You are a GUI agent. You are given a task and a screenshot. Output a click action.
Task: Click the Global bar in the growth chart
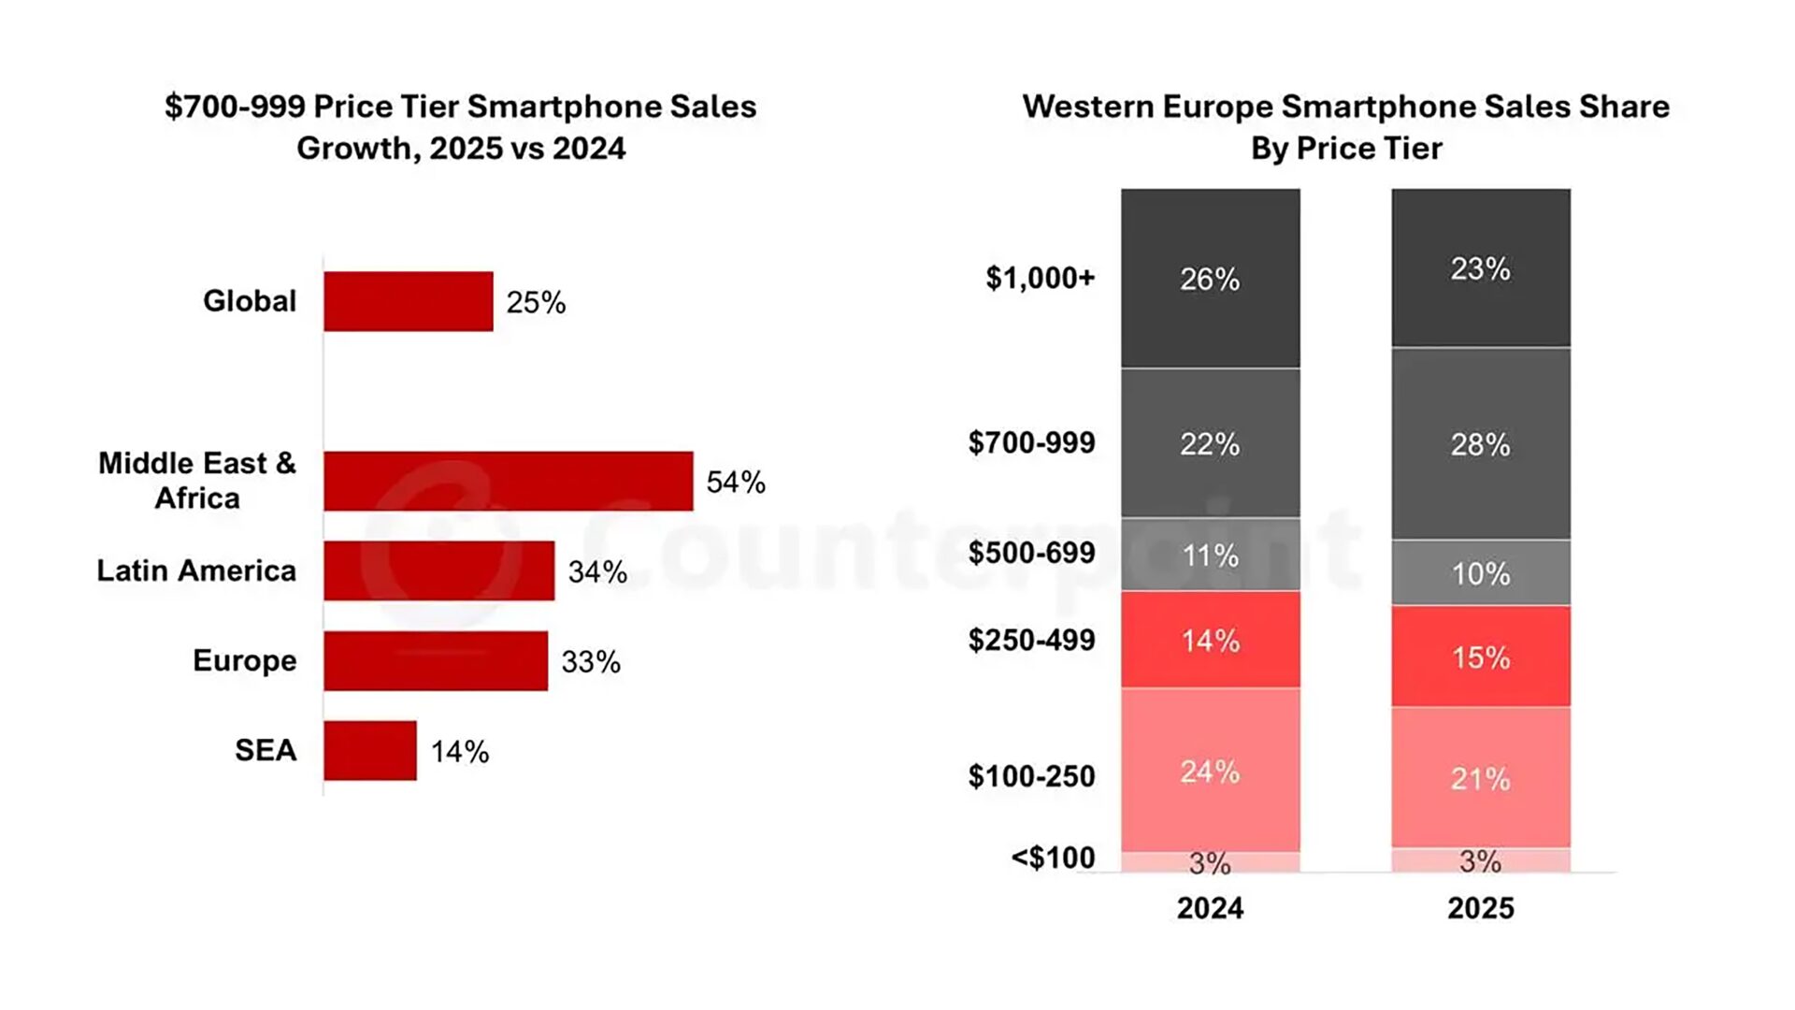pyautogui.click(x=409, y=301)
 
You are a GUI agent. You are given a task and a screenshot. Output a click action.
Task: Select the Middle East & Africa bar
pyautogui.click(x=509, y=481)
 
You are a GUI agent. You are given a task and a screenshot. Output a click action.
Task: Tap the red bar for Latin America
pyautogui.click(x=439, y=570)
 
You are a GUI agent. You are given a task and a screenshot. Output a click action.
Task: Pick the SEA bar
pyautogui.click(x=370, y=750)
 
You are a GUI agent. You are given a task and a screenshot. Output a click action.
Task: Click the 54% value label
pyautogui.click(x=736, y=483)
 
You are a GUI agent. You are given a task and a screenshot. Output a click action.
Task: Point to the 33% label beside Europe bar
pyautogui.click(x=591, y=662)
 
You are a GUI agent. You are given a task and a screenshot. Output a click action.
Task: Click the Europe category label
pyautogui.click(x=244, y=660)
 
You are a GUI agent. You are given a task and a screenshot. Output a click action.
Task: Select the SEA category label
pyautogui.click(x=266, y=750)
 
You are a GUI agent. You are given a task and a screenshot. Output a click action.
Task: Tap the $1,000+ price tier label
pyautogui.click(x=1040, y=278)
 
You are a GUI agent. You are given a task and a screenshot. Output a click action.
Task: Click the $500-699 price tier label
pyautogui.click(x=1031, y=553)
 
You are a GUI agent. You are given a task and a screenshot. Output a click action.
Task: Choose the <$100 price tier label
pyautogui.click(x=1053, y=858)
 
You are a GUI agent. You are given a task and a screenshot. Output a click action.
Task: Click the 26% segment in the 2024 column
pyautogui.click(x=1210, y=279)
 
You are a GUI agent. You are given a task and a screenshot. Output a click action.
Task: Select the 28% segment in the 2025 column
pyautogui.click(x=1481, y=444)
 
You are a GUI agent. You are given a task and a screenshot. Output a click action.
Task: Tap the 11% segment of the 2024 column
pyautogui.click(x=1210, y=555)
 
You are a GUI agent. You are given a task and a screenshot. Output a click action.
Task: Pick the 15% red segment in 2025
pyautogui.click(x=1481, y=656)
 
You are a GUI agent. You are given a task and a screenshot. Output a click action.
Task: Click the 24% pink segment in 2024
pyautogui.click(x=1210, y=771)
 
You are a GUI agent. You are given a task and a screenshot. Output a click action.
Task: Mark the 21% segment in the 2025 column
pyautogui.click(x=1481, y=778)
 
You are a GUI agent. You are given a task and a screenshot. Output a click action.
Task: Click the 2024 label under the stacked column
pyautogui.click(x=1210, y=908)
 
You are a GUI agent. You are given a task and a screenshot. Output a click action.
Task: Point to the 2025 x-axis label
pyautogui.click(x=1481, y=908)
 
